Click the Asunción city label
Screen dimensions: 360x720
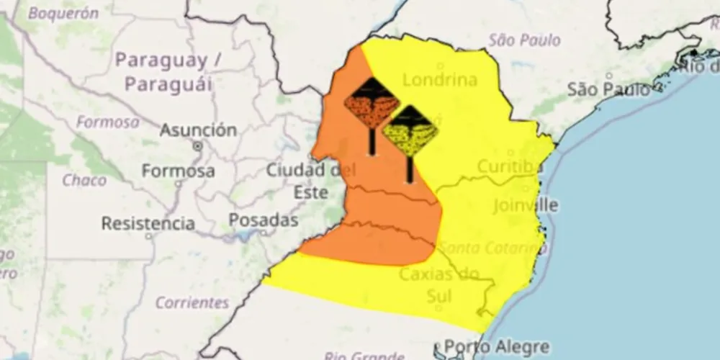(x=198, y=130)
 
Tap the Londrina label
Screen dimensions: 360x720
(x=440, y=79)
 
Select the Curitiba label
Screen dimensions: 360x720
(x=508, y=167)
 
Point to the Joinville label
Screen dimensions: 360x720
(x=526, y=204)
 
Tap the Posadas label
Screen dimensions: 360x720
(x=263, y=220)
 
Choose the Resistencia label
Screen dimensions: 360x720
(x=148, y=223)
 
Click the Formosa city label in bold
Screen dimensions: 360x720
(x=178, y=171)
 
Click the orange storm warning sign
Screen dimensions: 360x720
(x=372, y=104)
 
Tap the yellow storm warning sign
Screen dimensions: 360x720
(x=409, y=132)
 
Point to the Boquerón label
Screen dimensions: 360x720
(x=63, y=13)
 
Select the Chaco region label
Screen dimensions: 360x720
(x=84, y=180)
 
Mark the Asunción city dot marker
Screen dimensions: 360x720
(x=197, y=145)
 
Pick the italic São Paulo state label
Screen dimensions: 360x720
(x=524, y=40)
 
